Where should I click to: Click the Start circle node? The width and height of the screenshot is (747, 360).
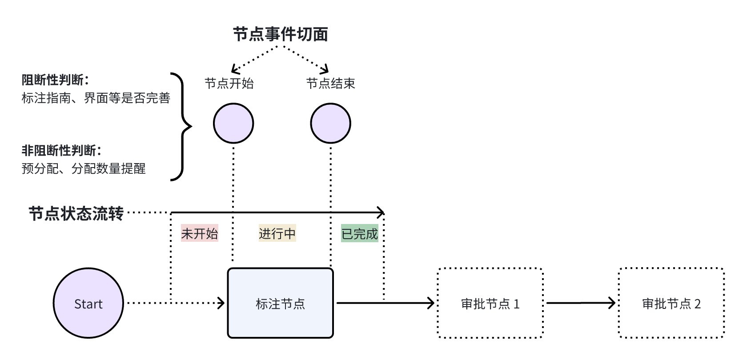click(x=88, y=304)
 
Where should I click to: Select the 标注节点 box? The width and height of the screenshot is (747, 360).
click(x=280, y=304)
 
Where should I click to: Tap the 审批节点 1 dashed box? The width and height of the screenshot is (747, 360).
click(x=490, y=304)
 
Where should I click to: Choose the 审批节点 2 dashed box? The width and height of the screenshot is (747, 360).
click(x=671, y=304)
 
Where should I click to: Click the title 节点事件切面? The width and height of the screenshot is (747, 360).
click(x=281, y=34)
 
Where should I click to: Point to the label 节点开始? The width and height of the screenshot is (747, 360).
click(x=229, y=83)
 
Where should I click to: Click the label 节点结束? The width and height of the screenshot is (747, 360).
click(x=330, y=83)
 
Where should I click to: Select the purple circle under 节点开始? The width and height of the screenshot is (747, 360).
click(x=233, y=123)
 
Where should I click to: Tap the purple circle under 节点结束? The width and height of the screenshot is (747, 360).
click(x=330, y=123)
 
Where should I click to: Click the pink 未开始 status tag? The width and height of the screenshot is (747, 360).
click(x=199, y=233)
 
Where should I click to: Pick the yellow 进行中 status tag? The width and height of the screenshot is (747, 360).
click(x=277, y=233)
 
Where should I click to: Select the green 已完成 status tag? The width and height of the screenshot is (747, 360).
click(x=359, y=233)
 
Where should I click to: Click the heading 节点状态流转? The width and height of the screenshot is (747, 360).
click(x=76, y=214)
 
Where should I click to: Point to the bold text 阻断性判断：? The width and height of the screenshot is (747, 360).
click(x=56, y=80)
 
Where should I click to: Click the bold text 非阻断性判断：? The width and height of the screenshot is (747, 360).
click(x=62, y=151)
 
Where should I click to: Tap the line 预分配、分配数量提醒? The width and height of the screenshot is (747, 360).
click(x=84, y=169)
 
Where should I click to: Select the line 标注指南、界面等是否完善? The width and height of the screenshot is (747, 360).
click(x=96, y=98)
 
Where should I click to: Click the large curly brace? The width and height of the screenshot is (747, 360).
click(x=183, y=127)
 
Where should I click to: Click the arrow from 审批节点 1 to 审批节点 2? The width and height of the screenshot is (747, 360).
click(x=580, y=304)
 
